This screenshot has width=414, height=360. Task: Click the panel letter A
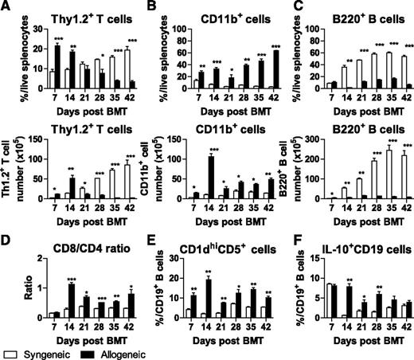click(6, 7)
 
